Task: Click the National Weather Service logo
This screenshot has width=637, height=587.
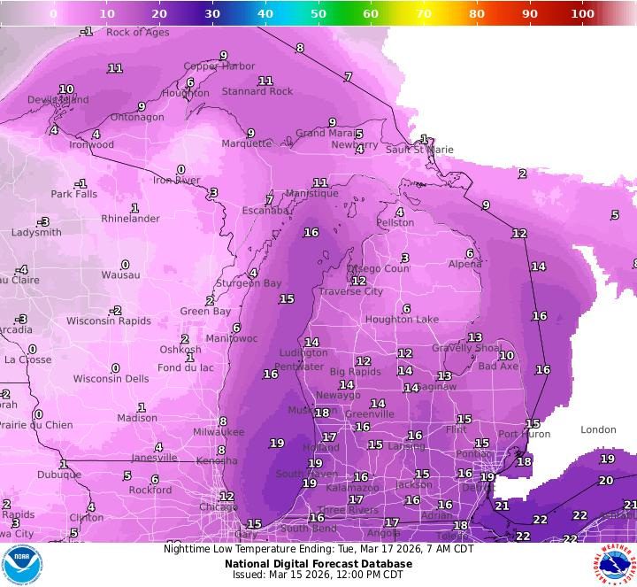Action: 614,565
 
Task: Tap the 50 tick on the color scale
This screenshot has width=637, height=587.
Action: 318,13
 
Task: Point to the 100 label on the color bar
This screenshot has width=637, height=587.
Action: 582,13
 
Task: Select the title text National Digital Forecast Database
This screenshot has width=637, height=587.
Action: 318,563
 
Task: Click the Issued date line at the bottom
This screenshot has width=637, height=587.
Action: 318,575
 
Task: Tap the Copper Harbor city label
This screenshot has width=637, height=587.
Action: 219,66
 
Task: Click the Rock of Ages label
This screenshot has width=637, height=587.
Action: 137,33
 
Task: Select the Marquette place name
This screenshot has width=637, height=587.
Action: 246,143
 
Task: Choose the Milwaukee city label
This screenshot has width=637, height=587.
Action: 219,432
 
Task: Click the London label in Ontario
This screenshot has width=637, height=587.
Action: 598,429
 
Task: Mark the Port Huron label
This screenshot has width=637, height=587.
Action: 524,434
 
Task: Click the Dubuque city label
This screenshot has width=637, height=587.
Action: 58,475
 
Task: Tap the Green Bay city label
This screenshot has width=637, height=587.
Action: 205,312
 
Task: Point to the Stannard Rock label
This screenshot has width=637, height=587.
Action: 257,91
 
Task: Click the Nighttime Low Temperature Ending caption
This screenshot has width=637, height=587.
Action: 318,549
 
